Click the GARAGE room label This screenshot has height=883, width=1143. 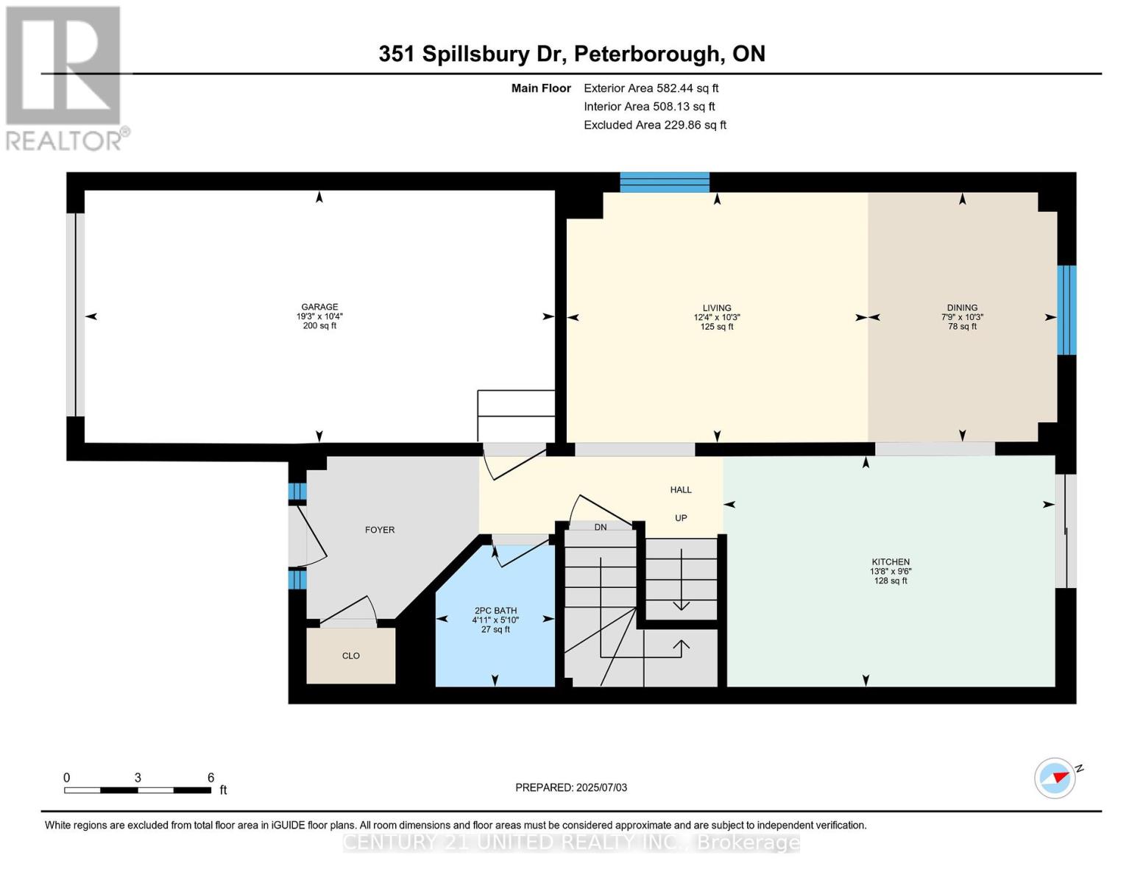coord(319,307)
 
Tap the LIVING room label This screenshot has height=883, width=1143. coord(716,308)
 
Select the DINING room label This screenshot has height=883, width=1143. coord(962,308)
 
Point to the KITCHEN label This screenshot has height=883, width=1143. coord(891,561)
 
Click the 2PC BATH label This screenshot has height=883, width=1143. coord(495,611)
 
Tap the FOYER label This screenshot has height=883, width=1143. coord(380,530)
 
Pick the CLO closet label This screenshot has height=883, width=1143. coord(351,656)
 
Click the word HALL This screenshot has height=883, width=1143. coord(681,489)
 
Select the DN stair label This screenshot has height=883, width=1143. coord(601,526)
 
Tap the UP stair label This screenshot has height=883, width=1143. coord(681,518)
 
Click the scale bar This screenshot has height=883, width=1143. coord(138,790)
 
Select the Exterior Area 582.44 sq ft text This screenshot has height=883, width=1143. coord(651,88)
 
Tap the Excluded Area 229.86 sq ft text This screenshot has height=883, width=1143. coord(655,125)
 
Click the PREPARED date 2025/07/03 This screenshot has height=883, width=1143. coord(571,787)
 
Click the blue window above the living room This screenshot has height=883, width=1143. coord(665,182)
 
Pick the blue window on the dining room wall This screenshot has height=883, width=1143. coord(1066,310)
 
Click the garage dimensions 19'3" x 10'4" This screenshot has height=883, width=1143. coord(319,316)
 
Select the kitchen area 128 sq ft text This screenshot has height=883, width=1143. coord(891,581)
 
